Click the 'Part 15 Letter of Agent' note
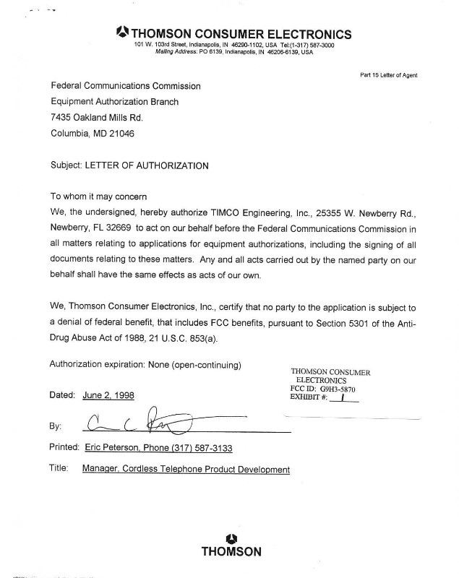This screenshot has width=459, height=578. [x=388, y=74]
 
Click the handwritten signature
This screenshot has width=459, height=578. [x=137, y=421]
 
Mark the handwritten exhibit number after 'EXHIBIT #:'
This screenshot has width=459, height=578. [x=339, y=397]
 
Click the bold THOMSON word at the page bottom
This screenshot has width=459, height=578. [x=231, y=552]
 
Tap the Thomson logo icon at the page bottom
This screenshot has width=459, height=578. [x=231, y=537]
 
